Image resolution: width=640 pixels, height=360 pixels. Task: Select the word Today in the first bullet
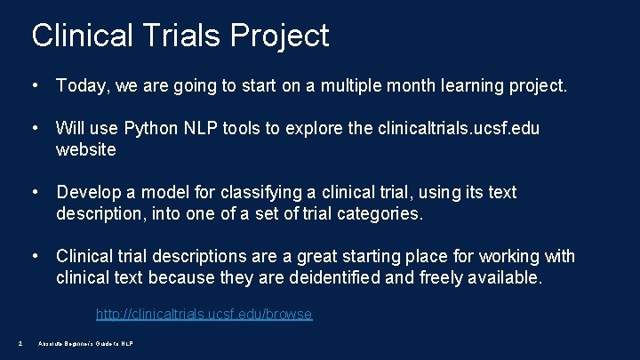point(79,86)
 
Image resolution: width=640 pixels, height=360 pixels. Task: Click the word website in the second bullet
point(85,150)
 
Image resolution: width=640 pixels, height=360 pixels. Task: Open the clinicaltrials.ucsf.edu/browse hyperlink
point(204,314)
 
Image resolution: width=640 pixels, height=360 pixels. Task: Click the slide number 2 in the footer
point(20,343)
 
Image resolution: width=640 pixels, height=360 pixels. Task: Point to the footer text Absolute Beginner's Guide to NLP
point(85,343)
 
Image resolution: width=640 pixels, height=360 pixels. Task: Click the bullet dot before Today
point(34,86)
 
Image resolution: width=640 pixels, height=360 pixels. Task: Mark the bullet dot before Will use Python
point(34,129)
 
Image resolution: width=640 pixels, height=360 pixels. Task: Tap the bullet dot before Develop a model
point(34,193)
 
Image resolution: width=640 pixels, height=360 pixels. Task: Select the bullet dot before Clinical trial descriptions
point(34,257)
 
